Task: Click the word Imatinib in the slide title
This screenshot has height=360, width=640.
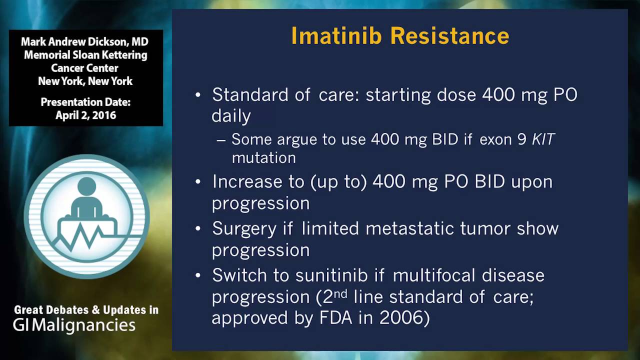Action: click(x=336, y=36)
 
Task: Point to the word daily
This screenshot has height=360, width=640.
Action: click(x=231, y=116)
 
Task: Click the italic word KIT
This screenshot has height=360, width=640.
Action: click(x=543, y=139)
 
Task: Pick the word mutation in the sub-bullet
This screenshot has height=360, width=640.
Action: click(x=263, y=158)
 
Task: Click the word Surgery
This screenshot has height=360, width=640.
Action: click(x=244, y=228)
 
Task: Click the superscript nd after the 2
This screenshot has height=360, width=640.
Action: click(x=340, y=293)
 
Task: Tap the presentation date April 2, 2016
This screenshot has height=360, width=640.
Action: click(x=85, y=115)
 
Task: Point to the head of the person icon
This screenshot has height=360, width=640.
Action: click(x=86, y=187)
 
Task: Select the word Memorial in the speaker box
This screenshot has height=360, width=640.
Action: click(x=46, y=55)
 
